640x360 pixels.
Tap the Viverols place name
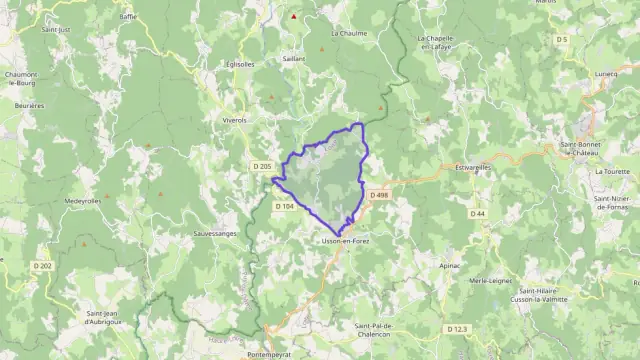pos(234,119)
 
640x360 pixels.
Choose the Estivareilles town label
pos(475,167)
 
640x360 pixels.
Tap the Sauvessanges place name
pos(187,233)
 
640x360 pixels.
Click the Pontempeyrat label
pos(273,354)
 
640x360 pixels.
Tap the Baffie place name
pos(128,17)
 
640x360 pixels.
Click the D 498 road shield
pos(378,195)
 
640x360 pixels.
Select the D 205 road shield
pos(262,166)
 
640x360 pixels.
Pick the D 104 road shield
pos(284,206)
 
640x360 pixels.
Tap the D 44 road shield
pos(478,213)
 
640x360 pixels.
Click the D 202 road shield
pos(41,265)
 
